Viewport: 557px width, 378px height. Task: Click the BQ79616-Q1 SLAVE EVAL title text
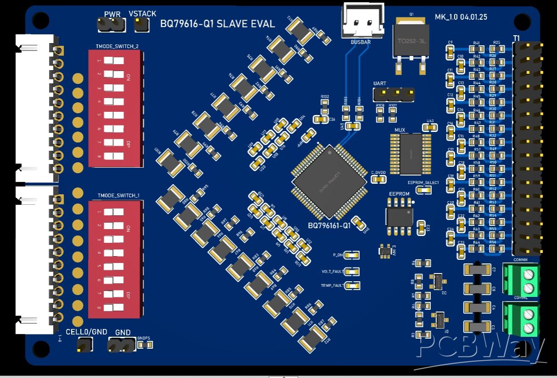click(x=217, y=24)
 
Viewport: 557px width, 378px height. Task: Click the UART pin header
click(x=394, y=94)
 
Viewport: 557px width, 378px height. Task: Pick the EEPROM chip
click(x=399, y=215)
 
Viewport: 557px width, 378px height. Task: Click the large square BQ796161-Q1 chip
click(x=329, y=181)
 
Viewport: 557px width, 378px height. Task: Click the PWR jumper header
click(x=112, y=25)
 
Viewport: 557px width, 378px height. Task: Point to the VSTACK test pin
click(x=141, y=25)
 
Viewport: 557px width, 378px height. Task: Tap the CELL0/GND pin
click(x=84, y=345)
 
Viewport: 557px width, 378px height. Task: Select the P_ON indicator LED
click(x=352, y=255)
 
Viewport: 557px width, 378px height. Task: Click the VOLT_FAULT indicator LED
click(x=352, y=272)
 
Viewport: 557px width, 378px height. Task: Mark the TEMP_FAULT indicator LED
click(x=352, y=286)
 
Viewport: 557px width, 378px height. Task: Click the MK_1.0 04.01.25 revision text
click(x=461, y=17)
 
